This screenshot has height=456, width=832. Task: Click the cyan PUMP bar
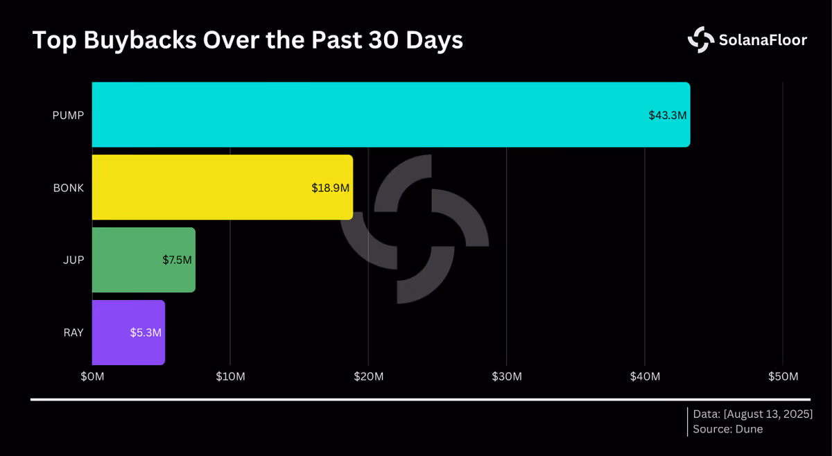(x=391, y=115)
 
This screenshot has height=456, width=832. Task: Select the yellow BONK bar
(x=223, y=187)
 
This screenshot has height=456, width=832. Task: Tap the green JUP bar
(x=144, y=260)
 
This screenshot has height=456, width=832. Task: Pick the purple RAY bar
(x=128, y=333)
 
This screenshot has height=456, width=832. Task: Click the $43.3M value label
(x=668, y=116)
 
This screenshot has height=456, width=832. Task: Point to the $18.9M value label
(x=330, y=188)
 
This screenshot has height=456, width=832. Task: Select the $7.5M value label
(x=177, y=260)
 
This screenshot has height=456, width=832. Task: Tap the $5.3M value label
(x=146, y=333)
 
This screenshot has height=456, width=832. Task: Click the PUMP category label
(x=68, y=116)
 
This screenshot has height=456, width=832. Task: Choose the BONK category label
(x=69, y=188)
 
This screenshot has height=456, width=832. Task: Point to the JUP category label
(x=73, y=260)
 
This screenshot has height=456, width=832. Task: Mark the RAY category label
(x=73, y=333)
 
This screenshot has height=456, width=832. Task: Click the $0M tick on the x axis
(x=92, y=376)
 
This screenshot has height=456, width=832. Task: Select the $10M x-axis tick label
(x=230, y=376)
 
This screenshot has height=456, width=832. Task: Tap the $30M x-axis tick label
(x=507, y=376)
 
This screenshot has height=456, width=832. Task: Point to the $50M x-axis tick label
(x=783, y=376)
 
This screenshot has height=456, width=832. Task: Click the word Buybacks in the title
(x=140, y=40)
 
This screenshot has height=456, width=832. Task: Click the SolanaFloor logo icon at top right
(x=701, y=40)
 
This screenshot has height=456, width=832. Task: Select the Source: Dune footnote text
(x=727, y=429)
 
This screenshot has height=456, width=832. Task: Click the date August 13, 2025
(x=768, y=414)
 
